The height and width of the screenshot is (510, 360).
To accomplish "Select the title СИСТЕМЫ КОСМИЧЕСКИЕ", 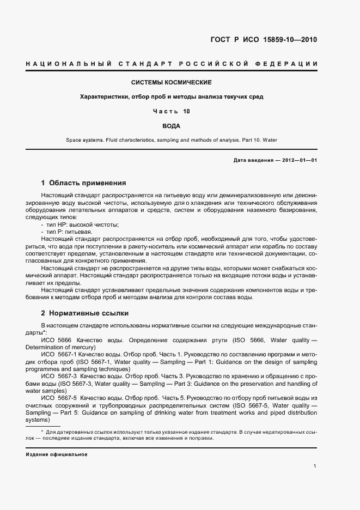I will coord(172,82).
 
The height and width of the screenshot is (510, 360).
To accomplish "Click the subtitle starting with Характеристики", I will coord(172,97).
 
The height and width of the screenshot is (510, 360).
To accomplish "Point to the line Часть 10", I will coord(172,111).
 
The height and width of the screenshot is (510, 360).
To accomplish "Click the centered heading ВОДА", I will coord(172,126).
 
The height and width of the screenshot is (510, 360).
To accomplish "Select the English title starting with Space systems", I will coord(172,140).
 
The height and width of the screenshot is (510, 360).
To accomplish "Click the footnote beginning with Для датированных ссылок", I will coord(174,432).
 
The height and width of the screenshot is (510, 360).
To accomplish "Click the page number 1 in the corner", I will coord(315,466).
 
